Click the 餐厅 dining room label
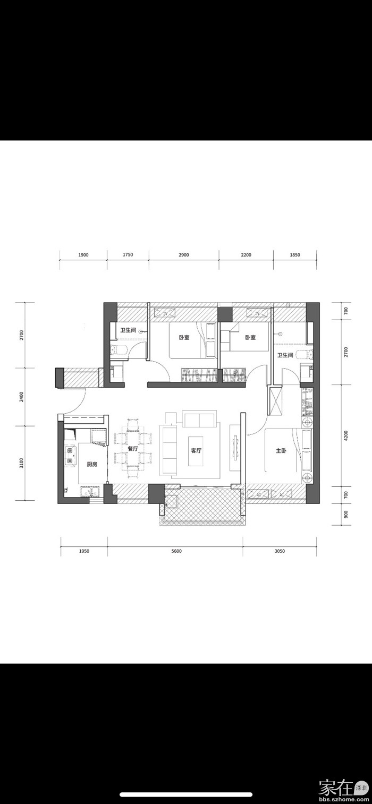click(133, 449)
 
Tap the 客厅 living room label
click(196, 451)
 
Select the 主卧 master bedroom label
click(281, 451)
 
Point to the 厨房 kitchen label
click(92, 464)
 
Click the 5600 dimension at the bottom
click(176, 551)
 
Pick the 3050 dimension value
click(280, 551)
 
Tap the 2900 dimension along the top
click(183, 255)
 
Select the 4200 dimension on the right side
click(346, 435)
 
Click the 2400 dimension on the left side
click(21, 397)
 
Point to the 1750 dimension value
click(128, 255)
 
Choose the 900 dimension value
click(346, 515)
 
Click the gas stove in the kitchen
click(70, 456)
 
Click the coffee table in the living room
click(196, 451)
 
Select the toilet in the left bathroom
click(117, 349)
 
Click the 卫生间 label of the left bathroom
click(128, 330)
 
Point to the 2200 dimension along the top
click(246, 255)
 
